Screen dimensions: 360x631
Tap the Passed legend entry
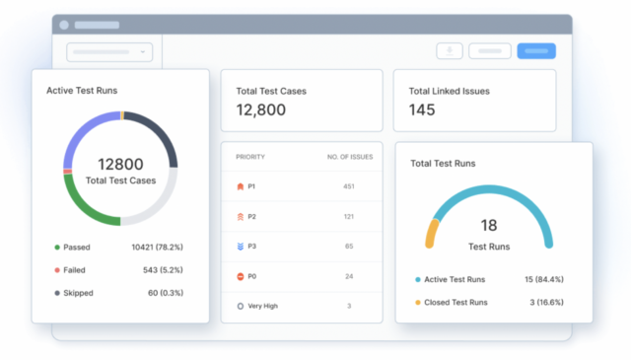pos(77,247)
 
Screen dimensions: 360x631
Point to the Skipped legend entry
pos(77,292)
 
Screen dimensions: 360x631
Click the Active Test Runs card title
pos(82,90)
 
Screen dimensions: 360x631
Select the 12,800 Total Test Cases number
pos(261,110)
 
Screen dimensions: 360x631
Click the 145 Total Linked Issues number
pos(422,110)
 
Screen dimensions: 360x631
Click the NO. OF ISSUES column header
pos(348,157)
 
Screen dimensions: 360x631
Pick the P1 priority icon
pos(241,186)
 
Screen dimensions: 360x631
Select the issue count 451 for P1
pos(348,186)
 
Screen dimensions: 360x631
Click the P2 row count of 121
pos(348,216)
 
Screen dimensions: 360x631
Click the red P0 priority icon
pos(241,276)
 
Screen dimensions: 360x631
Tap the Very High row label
pos(263,306)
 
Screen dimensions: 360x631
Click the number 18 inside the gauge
pos(488,225)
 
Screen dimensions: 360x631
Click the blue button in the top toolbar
pos(536,51)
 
